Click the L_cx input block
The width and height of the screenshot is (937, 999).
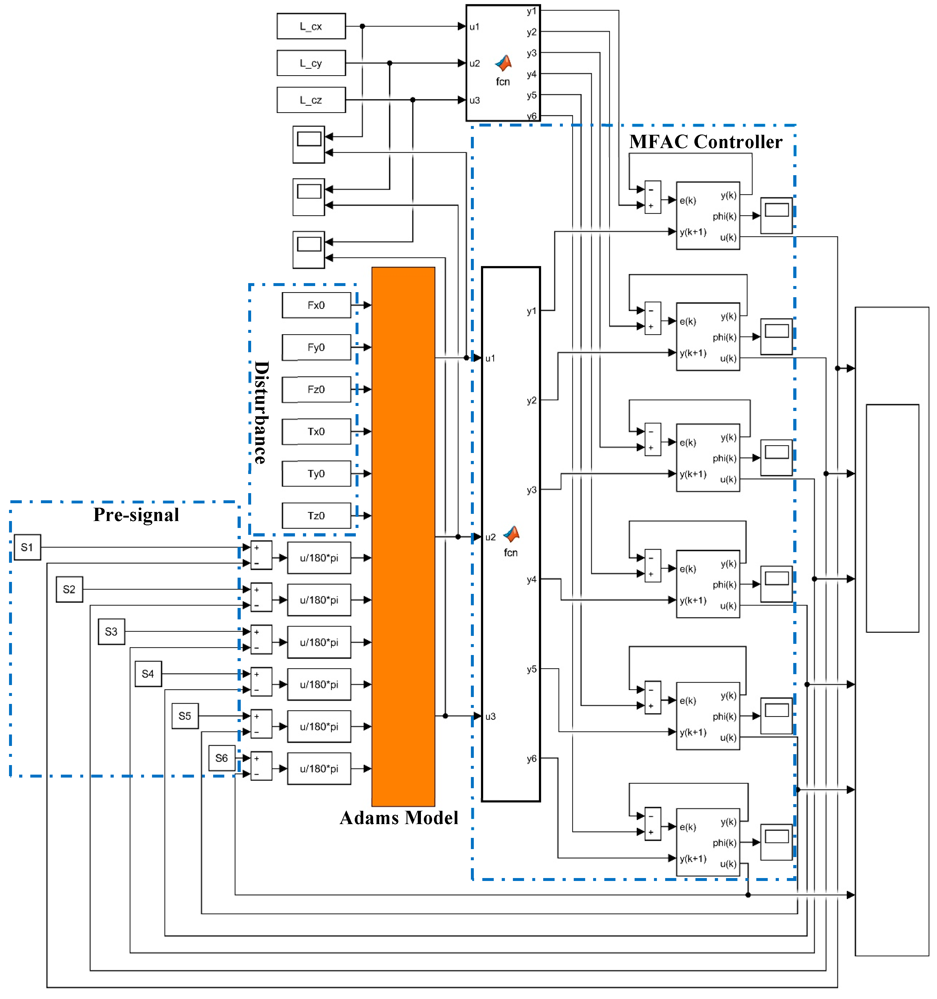coord(311,26)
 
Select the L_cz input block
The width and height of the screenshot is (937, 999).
coord(311,100)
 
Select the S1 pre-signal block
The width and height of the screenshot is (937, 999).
coord(27,548)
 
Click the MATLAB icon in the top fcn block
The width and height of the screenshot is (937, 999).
coord(503,63)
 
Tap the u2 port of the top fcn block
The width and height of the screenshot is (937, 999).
coord(474,63)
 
